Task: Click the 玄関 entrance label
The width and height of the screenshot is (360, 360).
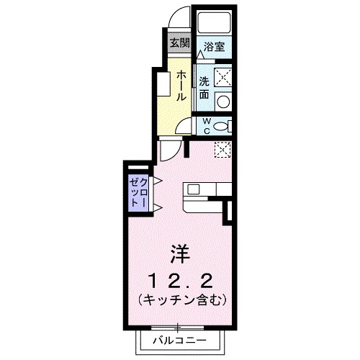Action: [180, 42]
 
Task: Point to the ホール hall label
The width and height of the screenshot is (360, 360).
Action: [181, 86]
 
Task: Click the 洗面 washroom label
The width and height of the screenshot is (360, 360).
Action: [204, 87]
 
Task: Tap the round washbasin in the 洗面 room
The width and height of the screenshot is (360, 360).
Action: [223, 101]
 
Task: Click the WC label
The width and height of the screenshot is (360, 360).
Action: [205, 126]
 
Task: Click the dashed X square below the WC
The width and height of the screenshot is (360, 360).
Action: [223, 150]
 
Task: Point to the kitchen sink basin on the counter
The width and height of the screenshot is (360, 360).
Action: [194, 191]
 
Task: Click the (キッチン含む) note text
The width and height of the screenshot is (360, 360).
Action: [180, 297]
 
